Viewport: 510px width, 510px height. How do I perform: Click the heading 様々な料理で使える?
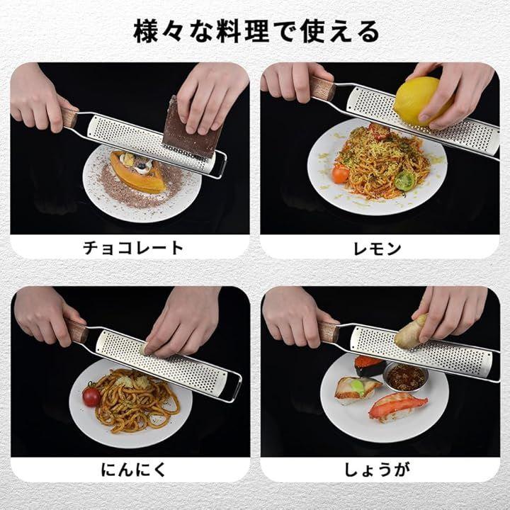[256, 32]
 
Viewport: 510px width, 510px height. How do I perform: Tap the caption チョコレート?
[133, 248]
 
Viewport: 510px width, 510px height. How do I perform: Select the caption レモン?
[378, 249]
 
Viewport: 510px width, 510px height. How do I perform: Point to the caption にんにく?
[133, 470]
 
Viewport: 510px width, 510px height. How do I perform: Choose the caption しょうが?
[378, 470]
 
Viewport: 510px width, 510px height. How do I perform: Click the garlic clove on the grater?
[143, 349]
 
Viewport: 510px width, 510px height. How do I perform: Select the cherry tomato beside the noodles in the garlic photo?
[91, 395]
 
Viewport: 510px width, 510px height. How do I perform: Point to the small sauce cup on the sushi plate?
[405, 378]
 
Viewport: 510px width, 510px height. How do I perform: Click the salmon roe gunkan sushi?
[368, 365]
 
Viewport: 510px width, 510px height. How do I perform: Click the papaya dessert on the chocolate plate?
[137, 171]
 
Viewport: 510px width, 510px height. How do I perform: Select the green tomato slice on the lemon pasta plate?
[405, 180]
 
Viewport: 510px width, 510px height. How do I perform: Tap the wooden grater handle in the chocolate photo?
[69, 117]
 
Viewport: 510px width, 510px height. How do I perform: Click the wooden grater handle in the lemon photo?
[322, 88]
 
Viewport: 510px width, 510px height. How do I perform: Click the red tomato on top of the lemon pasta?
[379, 130]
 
